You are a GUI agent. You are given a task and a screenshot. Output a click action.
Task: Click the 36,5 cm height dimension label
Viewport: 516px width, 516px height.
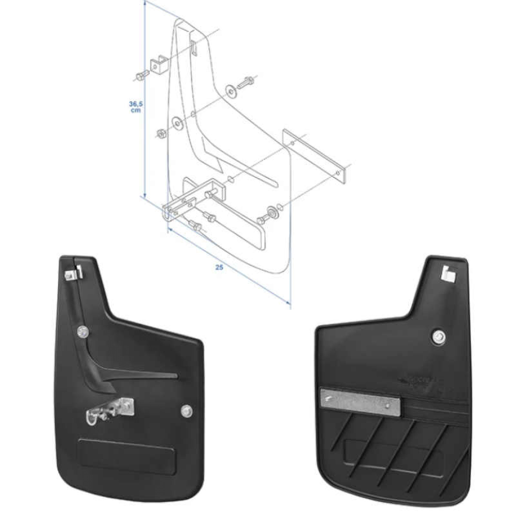136,106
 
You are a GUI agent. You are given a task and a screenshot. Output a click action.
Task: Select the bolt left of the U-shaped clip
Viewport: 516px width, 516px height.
140,76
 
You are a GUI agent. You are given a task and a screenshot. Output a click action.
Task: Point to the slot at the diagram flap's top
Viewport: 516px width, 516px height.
194,46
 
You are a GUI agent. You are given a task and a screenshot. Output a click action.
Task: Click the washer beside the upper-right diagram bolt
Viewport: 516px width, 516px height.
231,91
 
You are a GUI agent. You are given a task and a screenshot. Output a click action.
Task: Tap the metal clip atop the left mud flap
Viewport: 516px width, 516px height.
73,273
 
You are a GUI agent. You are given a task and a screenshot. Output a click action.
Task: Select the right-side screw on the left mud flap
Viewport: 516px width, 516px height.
187,411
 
